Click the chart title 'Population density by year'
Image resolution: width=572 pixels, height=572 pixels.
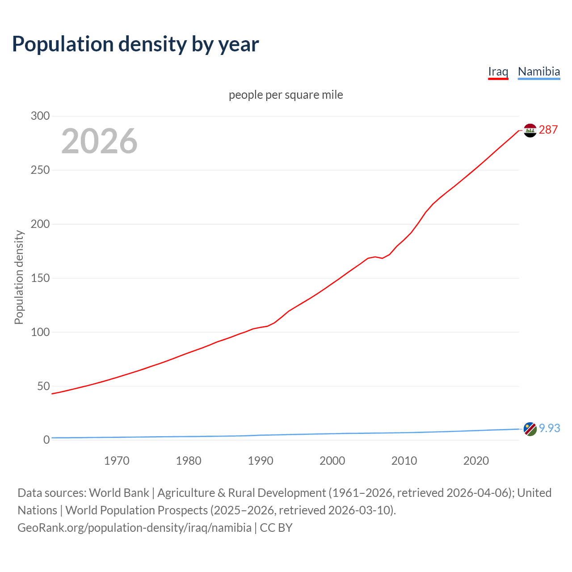[x=135, y=44]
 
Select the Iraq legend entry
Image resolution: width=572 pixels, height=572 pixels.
[x=498, y=71]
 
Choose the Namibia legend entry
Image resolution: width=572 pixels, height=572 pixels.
[x=538, y=71]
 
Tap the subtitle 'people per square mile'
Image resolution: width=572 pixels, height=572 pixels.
[x=286, y=95]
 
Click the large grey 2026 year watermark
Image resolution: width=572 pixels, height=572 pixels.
[x=99, y=141]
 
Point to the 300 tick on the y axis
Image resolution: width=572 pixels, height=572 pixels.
[x=40, y=116]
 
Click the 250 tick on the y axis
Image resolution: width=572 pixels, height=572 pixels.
[x=40, y=170]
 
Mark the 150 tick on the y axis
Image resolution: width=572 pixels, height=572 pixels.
[x=40, y=278]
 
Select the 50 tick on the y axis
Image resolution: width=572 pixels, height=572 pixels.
[x=43, y=386]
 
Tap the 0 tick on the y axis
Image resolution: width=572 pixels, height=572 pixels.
[x=46, y=440]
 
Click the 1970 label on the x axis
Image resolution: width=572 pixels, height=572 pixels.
[x=117, y=461]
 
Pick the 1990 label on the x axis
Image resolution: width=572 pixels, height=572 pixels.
[x=261, y=461]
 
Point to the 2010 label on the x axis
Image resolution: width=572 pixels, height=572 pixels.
[x=404, y=461]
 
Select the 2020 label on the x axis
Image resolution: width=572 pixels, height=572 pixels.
[x=476, y=461]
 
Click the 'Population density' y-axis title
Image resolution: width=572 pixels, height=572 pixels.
[x=19, y=277]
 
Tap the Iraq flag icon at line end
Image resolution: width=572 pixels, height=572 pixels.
[x=530, y=130]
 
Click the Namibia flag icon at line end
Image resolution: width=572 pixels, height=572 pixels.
[x=530, y=429]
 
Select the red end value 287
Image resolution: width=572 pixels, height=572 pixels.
[x=548, y=130]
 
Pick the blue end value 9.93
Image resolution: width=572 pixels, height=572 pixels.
[x=549, y=428]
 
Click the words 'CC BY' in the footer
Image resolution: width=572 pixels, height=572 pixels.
[x=276, y=528]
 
